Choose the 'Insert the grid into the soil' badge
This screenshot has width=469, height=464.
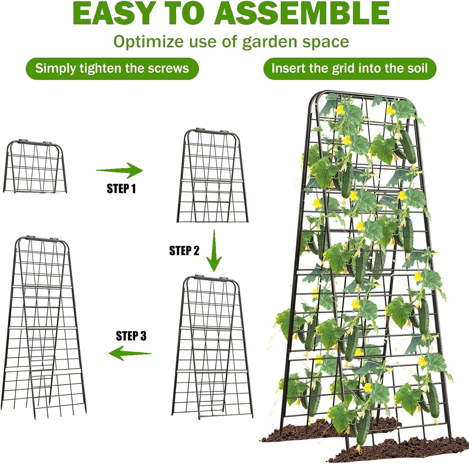click(x=350, y=68)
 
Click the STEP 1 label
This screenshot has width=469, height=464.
click(x=121, y=188)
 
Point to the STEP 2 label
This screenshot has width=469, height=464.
click(x=184, y=250)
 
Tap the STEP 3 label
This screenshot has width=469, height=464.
click(x=131, y=336)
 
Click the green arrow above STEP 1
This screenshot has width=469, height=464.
click(x=119, y=170)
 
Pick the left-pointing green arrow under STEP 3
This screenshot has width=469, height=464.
click(x=130, y=353)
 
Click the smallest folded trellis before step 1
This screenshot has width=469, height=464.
click(x=35, y=167)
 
